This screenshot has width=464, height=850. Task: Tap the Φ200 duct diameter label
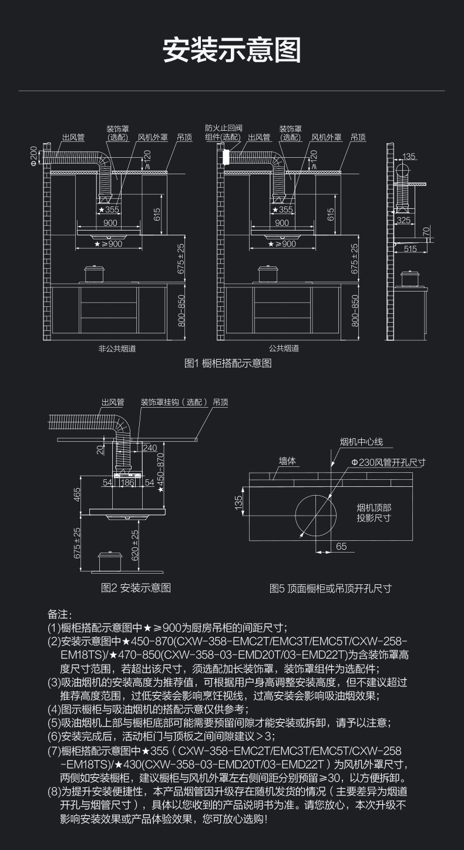coord(34,156)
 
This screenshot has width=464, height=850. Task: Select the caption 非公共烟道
coord(116,348)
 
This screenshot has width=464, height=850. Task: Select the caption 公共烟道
coord(284,348)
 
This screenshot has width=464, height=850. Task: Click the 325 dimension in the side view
coord(404,220)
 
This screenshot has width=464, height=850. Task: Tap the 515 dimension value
coord(410,249)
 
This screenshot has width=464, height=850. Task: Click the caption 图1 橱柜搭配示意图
coord(228,364)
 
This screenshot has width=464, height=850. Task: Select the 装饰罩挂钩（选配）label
coord(174,402)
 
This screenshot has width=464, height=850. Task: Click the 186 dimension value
coord(127,482)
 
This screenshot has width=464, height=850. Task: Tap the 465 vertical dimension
coord(77,495)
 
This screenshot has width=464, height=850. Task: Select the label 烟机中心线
coord(361,442)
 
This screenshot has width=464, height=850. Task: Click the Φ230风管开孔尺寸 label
coord(388,462)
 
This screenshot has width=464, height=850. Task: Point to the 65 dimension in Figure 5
coord(341,546)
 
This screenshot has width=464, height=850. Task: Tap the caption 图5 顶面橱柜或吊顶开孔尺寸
coord(330,588)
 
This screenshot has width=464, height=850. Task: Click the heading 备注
coord(59,614)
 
